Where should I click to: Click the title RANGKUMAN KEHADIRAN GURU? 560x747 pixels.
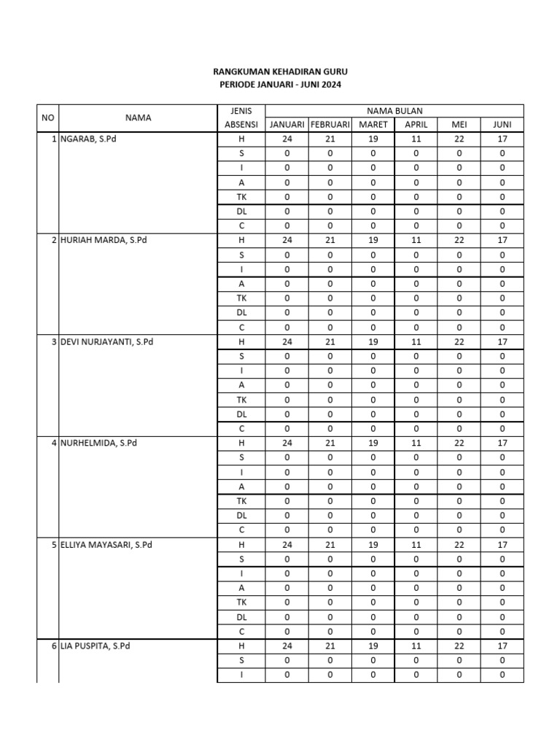click(x=280, y=72)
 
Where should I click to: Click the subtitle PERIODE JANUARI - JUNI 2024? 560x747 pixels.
click(x=280, y=85)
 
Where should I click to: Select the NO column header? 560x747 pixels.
click(x=47, y=117)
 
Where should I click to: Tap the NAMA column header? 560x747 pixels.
click(x=138, y=117)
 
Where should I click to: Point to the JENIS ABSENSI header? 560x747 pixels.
click(x=241, y=117)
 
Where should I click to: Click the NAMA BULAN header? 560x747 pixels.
click(x=394, y=110)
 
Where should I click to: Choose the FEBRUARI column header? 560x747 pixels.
click(x=330, y=125)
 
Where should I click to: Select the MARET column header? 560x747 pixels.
click(x=373, y=125)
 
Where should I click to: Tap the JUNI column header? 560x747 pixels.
click(x=502, y=125)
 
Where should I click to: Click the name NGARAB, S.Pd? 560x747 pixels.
click(x=89, y=139)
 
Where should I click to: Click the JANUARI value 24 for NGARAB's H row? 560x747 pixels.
click(x=287, y=139)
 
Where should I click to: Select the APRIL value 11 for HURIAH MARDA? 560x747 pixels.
click(x=416, y=240)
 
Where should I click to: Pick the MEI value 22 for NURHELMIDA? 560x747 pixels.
click(x=459, y=443)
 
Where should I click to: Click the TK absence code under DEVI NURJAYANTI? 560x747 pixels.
click(x=241, y=400)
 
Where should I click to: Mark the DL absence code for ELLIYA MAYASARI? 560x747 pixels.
click(x=241, y=616)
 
